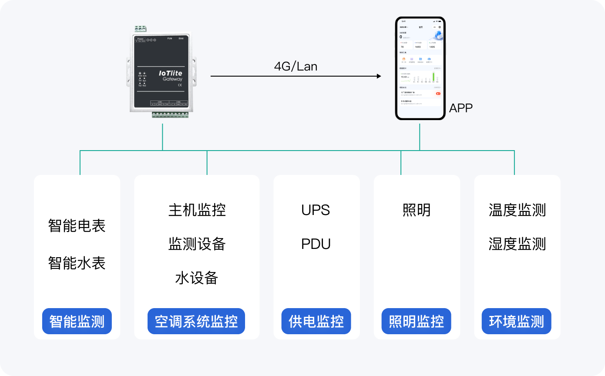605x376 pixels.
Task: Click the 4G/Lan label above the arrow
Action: [x=296, y=66]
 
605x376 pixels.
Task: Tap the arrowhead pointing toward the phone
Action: [x=378, y=76]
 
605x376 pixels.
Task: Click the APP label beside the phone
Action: [x=460, y=108]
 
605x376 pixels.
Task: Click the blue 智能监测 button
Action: [x=77, y=321]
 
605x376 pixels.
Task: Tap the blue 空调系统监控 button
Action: [x=196, y=321]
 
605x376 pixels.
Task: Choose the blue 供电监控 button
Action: [x=316, y=321]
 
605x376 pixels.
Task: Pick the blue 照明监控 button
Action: [x=417, y=321]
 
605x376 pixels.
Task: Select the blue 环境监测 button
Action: [x=517, y=321]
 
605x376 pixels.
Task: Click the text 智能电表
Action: [x=77, y=226]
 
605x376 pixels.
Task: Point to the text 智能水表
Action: [x=77, y=263]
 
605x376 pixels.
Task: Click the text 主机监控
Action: [x=197, y=210]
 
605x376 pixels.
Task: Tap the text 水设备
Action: [x=197, y=278]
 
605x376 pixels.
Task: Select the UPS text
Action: [x=316, y=210]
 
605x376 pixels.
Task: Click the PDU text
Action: [x=316, y=244]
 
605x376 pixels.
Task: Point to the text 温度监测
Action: [x=517, y=210]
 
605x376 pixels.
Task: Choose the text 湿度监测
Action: [x=517, y=244]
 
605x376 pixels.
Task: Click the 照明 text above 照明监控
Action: [x=417, y=210]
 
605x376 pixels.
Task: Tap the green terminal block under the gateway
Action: [x=170, y=115]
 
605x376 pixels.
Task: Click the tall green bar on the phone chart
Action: [x=434, y=77]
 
